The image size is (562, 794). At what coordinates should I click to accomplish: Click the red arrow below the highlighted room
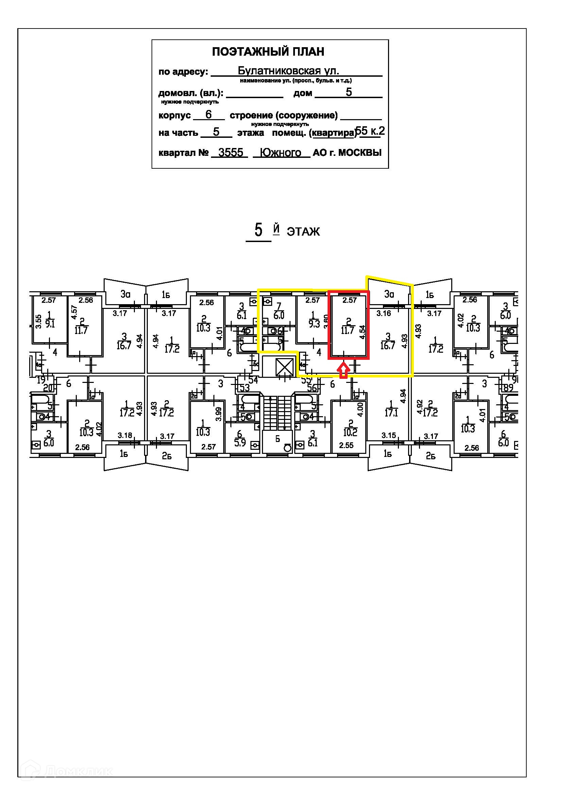click(343, 370)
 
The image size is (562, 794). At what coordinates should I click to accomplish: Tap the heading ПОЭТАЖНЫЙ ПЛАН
click(268, 52)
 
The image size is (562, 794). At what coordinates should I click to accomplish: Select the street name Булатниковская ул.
click(288, 71)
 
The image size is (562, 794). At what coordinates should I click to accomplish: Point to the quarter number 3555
click(230, 152)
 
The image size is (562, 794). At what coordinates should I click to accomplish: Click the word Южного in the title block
click(280, 152)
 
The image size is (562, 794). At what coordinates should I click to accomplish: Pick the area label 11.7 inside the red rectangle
click(348, 330)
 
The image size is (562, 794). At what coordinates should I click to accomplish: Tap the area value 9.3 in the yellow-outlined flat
click(314, 324)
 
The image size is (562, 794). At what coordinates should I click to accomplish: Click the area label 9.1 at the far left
click(50, 324)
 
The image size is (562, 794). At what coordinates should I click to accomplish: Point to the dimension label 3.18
click(125, 436)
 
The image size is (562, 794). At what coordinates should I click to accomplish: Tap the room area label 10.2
click(351, 432)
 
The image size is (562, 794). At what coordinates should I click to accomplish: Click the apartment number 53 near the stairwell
click(245, 388)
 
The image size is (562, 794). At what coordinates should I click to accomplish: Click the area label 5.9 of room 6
click(240, 442)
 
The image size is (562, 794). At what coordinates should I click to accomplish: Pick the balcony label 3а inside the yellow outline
click(389, 294)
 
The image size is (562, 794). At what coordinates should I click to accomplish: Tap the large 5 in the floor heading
click(258, 230)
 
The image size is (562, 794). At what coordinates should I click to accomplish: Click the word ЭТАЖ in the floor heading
click(303, 232)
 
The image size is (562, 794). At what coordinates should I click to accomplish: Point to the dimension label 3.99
click(218, 414)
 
